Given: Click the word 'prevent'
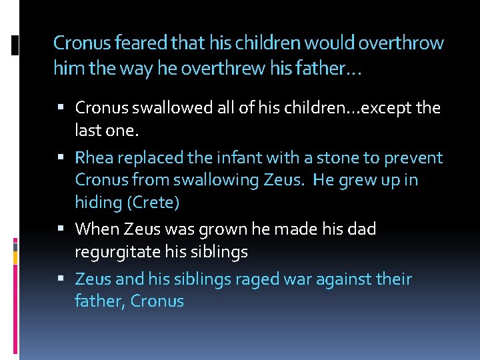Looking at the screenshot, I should coord(414,159).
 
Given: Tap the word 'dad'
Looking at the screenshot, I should coord(362,229).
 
